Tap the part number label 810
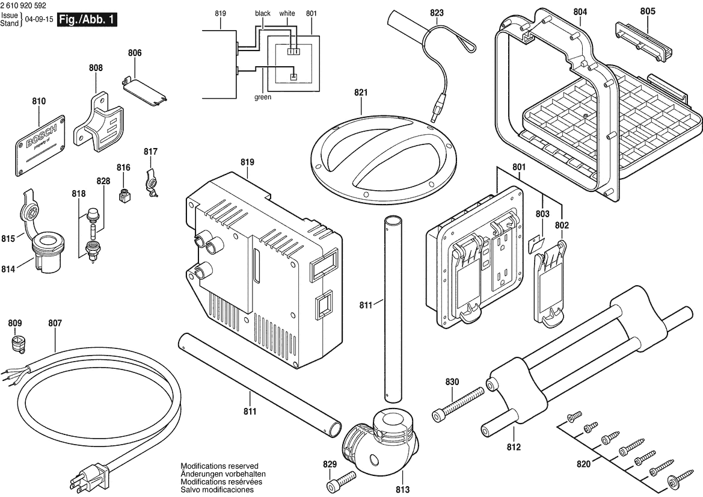(38, 102)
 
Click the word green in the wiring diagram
(263, 96)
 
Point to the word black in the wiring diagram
(263, 13)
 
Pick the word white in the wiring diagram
(287, 13)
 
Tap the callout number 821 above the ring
(360, 93)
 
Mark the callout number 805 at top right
(648, 11)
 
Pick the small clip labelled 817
(152, 181)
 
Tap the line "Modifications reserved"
(219, 466)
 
